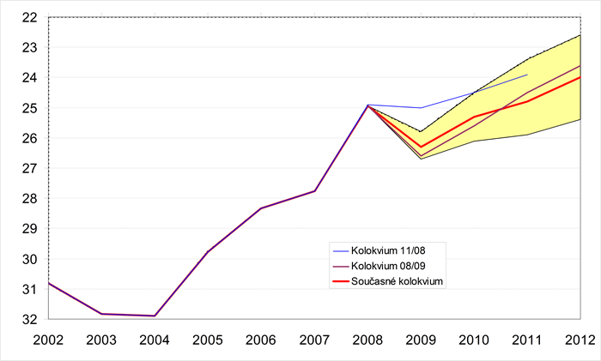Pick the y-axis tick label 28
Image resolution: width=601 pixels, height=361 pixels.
point(27,199)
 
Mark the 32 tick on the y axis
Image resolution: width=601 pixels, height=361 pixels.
point(27,320)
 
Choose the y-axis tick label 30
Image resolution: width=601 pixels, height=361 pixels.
point(27,260)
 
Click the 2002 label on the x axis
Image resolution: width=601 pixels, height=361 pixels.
point(48,340)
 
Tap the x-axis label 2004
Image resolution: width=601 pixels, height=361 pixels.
point(155,340)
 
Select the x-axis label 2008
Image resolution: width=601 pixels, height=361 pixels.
point(367,340)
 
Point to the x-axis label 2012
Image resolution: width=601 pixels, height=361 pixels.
point(580,340)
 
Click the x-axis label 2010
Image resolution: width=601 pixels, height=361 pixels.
point(474,340)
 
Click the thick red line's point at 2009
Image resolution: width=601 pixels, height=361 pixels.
point(421,147)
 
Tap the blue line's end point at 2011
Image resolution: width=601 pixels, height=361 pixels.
point(527,75)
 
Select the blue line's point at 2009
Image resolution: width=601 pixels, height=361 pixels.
point(421,108)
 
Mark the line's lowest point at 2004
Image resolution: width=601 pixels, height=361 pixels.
point(155,316)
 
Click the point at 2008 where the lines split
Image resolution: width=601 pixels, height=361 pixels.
point(367,105)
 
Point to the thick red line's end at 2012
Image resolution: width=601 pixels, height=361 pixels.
point(580,77)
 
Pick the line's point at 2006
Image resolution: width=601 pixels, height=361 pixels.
point(261,208)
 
